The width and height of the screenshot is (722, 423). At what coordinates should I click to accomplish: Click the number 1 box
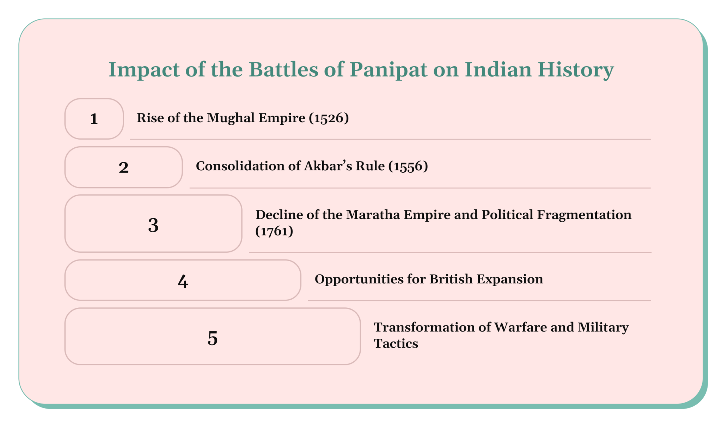(x=94, y=119)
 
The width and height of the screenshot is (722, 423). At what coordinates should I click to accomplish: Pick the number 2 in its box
(x=123, y=167)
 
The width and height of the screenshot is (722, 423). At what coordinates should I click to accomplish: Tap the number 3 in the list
(x=153, y=225)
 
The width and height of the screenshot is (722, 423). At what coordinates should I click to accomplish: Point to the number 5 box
(x=213, y=338)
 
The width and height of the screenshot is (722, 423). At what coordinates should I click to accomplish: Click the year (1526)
(x=329, y=118)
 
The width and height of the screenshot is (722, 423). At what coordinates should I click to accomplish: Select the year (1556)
(x=408, y=166)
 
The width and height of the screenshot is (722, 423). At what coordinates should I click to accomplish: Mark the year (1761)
(x=274, y=231)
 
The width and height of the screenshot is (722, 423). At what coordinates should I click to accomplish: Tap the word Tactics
(x=396, y=344)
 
